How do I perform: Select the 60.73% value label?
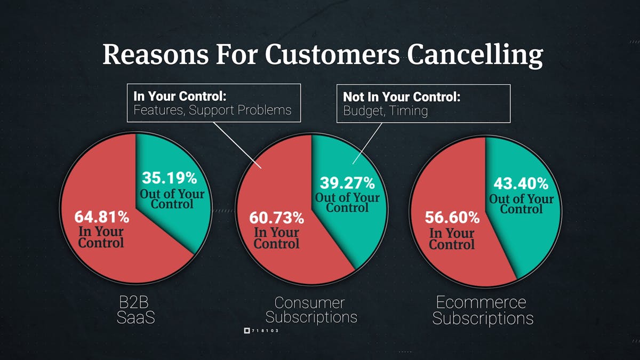277,218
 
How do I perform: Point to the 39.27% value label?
347,183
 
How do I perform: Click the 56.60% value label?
452,218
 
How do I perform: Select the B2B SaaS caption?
137,309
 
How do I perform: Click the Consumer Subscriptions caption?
311,310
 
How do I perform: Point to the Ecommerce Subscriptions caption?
482,310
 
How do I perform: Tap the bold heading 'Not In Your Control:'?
401,97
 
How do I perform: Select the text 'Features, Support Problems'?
212,111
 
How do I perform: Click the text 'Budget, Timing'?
378,111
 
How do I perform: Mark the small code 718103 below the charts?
265,331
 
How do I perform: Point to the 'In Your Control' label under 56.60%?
452,239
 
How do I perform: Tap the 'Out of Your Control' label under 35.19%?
172,198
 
